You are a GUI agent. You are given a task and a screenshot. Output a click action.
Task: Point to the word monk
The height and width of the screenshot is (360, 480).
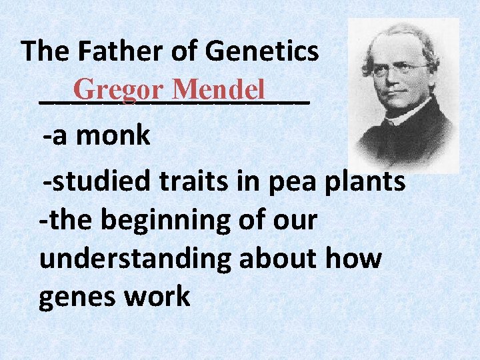pos(113,137)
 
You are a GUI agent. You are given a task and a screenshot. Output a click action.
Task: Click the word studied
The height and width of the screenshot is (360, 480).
pos(93,181)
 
